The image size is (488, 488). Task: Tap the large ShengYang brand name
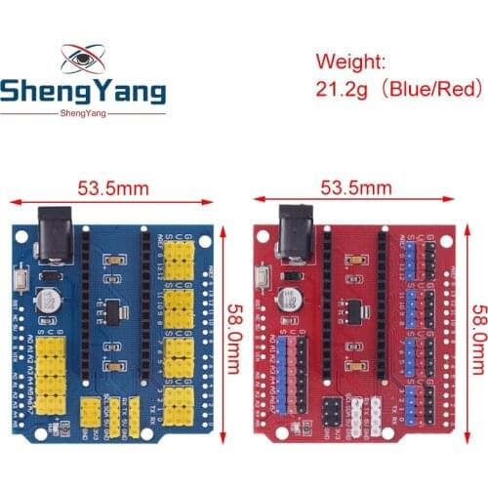83,94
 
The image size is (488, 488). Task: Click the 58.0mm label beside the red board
478,332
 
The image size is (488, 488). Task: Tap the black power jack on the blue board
53,233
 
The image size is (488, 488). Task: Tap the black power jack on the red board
294,231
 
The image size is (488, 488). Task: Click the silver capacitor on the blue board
48,298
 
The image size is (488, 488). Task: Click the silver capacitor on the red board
289,299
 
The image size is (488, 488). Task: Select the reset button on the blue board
21,282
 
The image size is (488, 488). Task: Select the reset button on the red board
263,282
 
